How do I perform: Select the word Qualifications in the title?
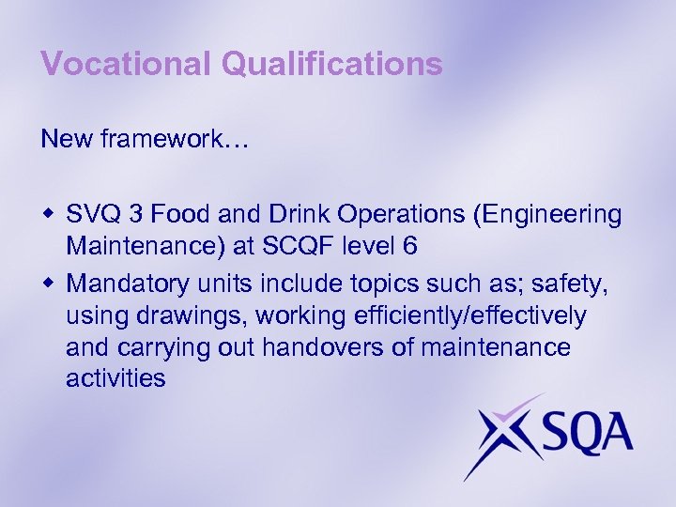click(x=332, y=64)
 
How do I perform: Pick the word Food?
click(x=170, y=215)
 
